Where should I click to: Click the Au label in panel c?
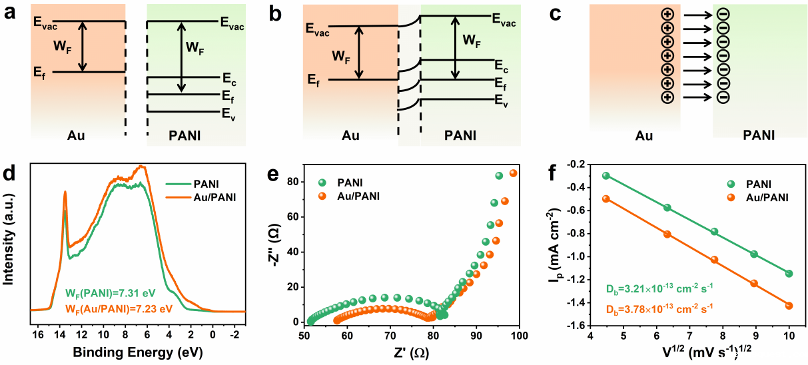pyautogui.click(x=643, y=136)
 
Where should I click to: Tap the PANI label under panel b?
pyautogui.click(x=460, y=136)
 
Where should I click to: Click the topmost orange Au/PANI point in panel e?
pyautogui.click(x=513, y=173)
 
